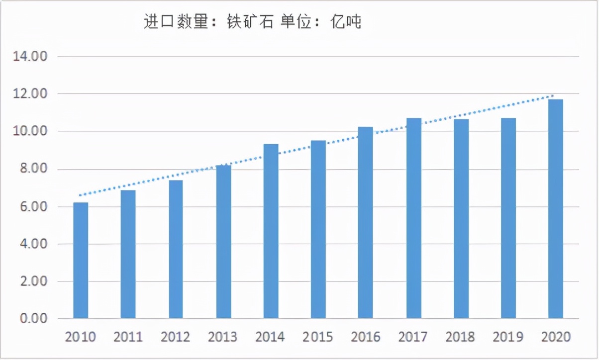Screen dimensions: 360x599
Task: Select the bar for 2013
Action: [223, 242]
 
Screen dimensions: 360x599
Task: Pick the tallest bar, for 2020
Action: [556, 209]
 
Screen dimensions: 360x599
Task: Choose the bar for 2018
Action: [461, 219]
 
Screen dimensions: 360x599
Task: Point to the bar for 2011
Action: [128, 254]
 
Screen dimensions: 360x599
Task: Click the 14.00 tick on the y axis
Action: [30, 57]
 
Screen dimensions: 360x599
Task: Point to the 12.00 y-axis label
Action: [30, 94]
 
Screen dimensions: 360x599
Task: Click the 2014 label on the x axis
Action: [270, 337]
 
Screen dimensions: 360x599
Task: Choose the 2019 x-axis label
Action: [508, 337]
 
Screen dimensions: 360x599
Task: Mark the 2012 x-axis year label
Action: [175, 337]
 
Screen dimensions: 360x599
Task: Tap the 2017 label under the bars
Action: [413, 337]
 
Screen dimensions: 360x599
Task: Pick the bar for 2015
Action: [318, 229]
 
